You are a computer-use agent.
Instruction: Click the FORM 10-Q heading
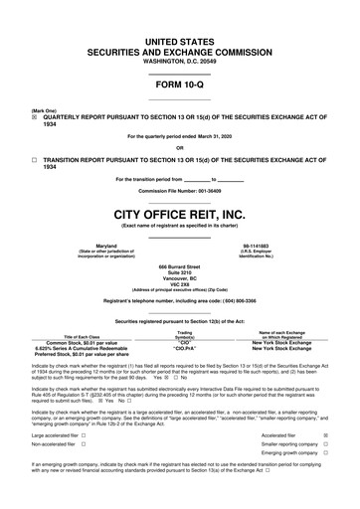coord(179,85)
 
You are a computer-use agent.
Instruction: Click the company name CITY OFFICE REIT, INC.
coord(179,214)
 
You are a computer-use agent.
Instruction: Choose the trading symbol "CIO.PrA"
coord(184,349)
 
